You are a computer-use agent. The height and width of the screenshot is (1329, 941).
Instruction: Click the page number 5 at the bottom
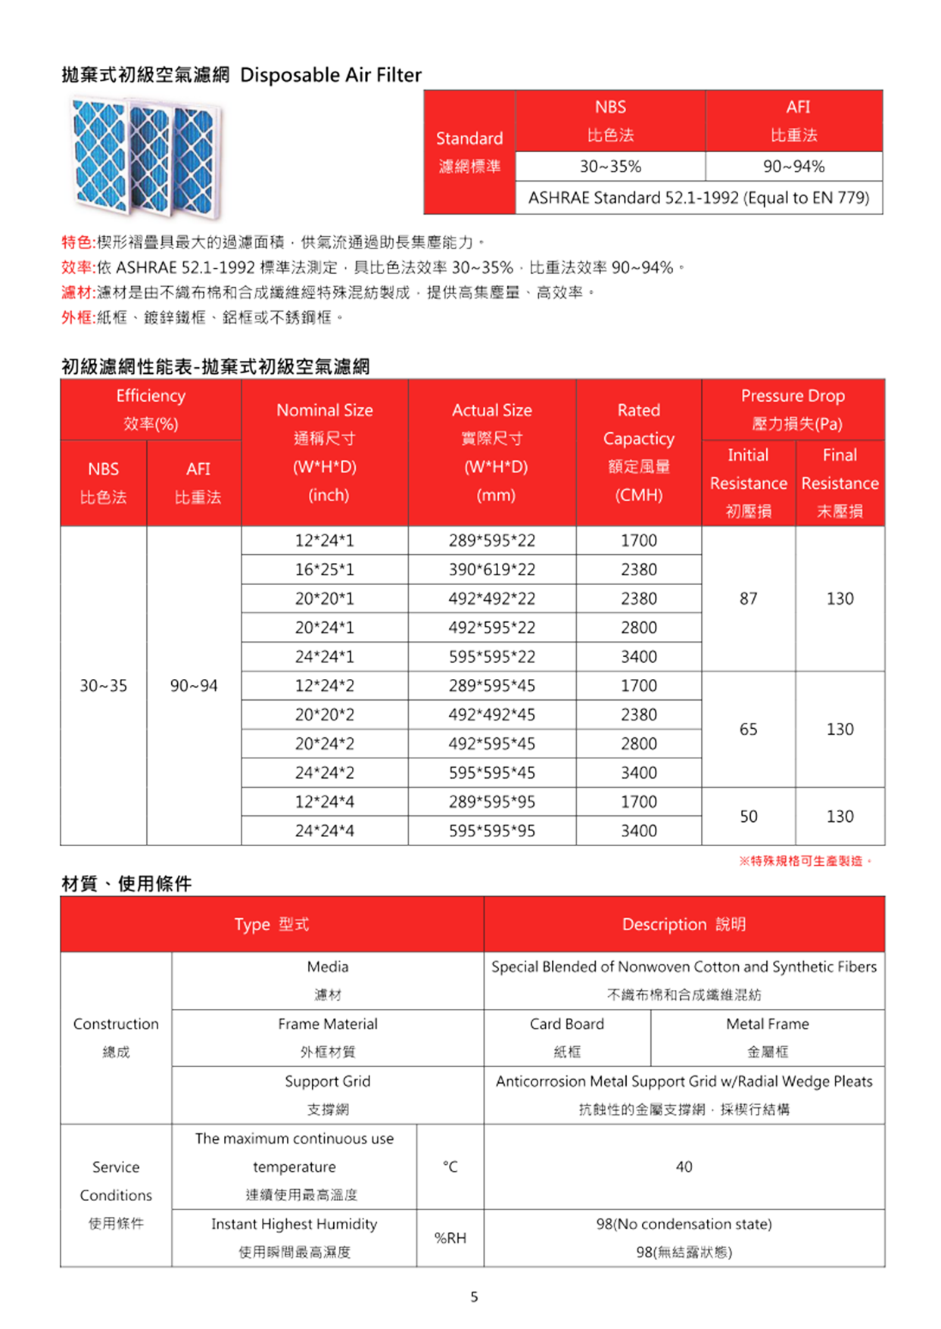point(474,1296)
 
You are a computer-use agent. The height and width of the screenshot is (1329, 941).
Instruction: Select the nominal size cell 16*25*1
point(324,569)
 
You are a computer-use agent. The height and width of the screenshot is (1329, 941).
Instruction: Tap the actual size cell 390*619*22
point(491,569)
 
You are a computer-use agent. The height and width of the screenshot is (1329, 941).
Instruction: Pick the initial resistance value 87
point(748,599)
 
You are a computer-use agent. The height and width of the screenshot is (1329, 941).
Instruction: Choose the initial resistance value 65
point(748,729)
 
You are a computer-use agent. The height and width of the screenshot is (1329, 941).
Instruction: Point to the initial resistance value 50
point(748,816)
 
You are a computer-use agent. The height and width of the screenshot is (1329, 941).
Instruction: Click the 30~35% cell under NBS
point(610,167)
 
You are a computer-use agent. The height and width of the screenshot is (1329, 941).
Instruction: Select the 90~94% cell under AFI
point(793,167)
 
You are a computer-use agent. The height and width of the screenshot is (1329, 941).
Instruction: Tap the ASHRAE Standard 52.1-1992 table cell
point(698,198)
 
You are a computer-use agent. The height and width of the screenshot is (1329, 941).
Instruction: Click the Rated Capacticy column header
point(638,452)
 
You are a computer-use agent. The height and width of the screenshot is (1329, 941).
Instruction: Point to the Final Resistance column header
point(840,482)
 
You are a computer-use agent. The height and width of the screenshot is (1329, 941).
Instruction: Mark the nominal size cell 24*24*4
point(324,830)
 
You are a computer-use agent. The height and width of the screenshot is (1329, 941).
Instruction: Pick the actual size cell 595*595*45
point(491,773)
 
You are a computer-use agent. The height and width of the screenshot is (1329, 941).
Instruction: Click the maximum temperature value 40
point(684,1166)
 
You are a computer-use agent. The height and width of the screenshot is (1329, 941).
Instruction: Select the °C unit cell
point(450,1166)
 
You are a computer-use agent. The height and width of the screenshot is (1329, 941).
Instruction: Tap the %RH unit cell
point(450,1237)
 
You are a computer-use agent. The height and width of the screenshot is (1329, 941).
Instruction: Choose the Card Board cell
point(566,1037)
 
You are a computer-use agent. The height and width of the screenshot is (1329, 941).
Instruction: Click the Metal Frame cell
point(767,1037)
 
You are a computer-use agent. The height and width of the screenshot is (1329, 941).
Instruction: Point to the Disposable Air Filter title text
point(330,75)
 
